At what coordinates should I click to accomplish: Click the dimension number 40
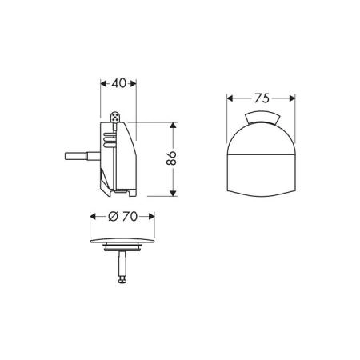tap(119, 82)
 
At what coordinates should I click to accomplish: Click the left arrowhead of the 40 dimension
tap(102, 82)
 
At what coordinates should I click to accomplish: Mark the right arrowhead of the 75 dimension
tap(294, 99)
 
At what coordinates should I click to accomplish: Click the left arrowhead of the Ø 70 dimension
tap(90, 216)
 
